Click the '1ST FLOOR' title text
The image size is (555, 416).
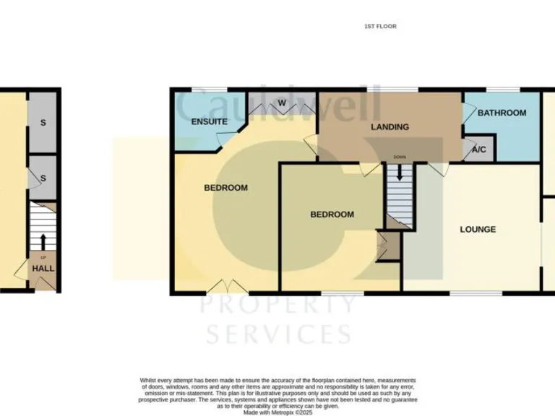(380, 26)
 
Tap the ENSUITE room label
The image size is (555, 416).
(210, 122)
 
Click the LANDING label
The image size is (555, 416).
(390, 127)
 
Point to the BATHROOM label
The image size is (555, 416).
(502, 113)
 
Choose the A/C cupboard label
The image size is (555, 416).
(478, 150)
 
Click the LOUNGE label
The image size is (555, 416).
(478, 230)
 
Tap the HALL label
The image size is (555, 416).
(43, 269)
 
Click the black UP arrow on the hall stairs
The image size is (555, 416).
(43, 240)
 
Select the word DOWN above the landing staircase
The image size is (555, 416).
(400, 157)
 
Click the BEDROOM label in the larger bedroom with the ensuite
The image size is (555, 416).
(225, 188)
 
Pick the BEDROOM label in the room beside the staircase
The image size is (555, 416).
(332, 214)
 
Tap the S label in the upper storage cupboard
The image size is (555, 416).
(43, 123)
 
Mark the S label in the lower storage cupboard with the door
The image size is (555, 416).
(43, 178)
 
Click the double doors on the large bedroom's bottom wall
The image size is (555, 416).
(226, 287)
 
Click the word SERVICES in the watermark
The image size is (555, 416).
(279, 334)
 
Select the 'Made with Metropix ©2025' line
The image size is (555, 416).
(277, 412)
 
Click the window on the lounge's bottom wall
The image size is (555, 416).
(472, 293)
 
